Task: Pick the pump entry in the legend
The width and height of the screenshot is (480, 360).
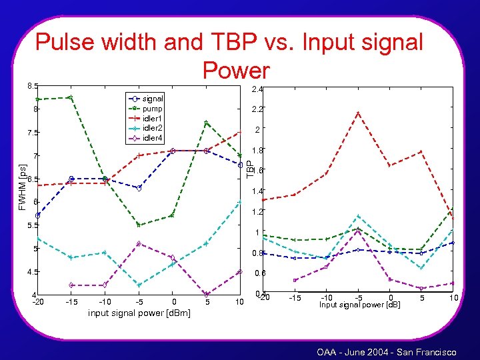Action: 153,108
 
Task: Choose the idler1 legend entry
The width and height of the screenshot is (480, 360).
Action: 153,118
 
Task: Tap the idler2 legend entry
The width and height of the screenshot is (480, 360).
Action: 153,127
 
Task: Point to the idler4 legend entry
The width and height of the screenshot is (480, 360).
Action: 153,138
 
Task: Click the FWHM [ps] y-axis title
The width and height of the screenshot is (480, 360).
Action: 22,188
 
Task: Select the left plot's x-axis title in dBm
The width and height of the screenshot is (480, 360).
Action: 139,313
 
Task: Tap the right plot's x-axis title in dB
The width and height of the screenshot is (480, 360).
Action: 359,305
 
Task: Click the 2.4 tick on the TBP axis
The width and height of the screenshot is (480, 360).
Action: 258,89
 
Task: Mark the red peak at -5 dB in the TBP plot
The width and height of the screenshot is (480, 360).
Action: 359,113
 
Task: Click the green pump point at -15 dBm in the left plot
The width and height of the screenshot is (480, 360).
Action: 71,97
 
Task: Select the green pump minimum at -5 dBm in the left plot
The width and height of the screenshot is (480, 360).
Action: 139,225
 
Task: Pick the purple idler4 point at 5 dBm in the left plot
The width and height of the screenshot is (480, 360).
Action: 207,294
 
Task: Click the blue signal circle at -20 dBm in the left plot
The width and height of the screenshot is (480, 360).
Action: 38,215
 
